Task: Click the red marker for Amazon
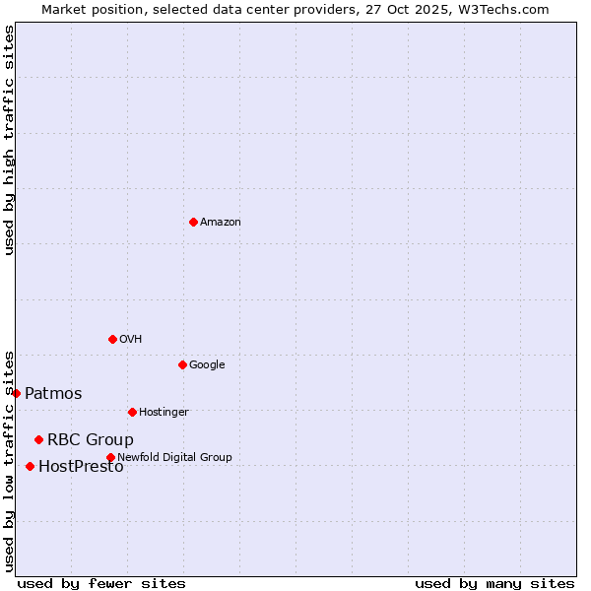[193, 222]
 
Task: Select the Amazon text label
[221, 223]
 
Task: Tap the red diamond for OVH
[112, 339]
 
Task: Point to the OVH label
[131, 340]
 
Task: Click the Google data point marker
[182, 364]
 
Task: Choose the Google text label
[207, 365]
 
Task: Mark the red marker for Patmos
[16, 393]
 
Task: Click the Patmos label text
[53, 394]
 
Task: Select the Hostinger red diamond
[132, 412]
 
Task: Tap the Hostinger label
[164, 413]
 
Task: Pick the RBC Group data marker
[38, 439]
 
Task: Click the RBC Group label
[91, 440]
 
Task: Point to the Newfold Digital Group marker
[110, 457]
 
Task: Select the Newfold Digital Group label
[174, 458]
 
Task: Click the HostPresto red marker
[30, 466]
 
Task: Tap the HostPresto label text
[81, 467]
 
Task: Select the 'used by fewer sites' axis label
[101, 584]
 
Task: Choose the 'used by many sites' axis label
[494, 584]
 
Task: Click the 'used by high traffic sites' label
[9, 140]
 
